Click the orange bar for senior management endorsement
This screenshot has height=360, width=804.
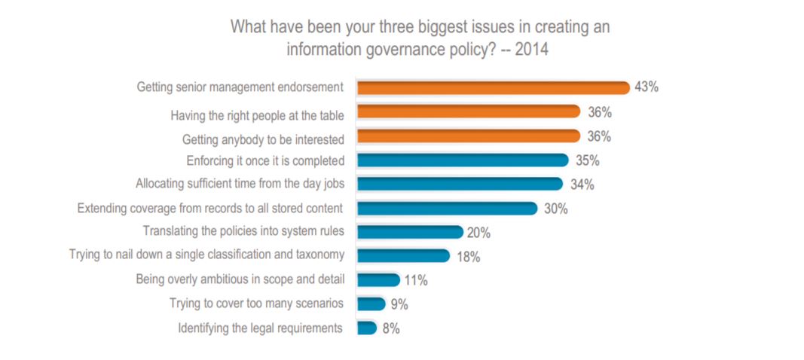pyautogui.click(x=493, y=88)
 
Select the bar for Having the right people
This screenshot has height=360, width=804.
pyautogui.click(x=468, y=112)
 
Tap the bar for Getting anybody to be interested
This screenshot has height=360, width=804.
pyautogui.click(x=468, y=136)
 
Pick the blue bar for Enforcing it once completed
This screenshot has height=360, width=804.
pyautogui.click(x=462, y=160)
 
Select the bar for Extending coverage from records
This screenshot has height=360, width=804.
pyautogui.click(x=447, y=208)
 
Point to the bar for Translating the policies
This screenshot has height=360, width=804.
pyautogui.click(x=410, y=232)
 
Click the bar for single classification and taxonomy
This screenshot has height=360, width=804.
pyautogui.click(x=403, y=256)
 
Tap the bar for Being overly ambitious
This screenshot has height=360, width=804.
pyautogui.click(x=378, y=280)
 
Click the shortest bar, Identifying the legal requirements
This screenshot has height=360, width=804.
pyautogui.click(x=366, y=328)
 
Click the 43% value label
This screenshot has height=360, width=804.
pyautogui.click(x=647, y=87)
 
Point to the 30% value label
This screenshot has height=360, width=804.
pyautogui.click(x=555, y=209)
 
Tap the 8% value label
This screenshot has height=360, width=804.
pyautogui.click(x=391, y=329)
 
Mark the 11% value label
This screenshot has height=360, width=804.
pyautogui.click(x=415, y=281)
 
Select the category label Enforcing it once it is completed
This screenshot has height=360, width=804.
pyautogui.click(x=265, y=160)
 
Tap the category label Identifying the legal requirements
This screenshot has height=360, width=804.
pyautogui.click(x=261, y=328)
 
